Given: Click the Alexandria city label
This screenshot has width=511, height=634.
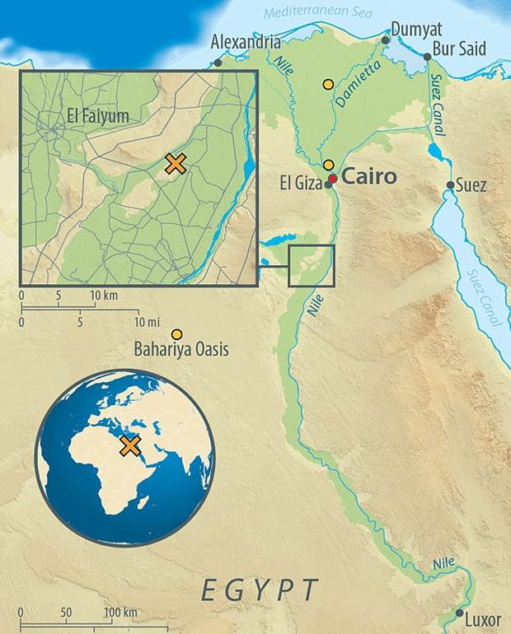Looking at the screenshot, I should [245, 42].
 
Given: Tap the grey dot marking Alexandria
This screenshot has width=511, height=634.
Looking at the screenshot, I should [218, 62].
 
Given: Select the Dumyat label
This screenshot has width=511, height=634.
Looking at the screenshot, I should [418, 30].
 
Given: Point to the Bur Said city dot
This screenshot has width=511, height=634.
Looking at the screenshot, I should [427, 57].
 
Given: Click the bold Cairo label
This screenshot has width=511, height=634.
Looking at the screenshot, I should [368, 176].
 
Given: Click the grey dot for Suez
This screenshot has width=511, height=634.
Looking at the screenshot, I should [449, 185].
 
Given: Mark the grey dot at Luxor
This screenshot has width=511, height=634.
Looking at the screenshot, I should [459, 613].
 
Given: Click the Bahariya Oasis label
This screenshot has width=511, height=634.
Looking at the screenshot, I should [180, 351].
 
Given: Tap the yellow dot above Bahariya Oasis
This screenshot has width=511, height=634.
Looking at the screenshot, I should [176, 333].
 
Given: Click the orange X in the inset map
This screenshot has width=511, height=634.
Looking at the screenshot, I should [175, 164].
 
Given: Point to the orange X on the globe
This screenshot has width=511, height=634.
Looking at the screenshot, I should [129, 445].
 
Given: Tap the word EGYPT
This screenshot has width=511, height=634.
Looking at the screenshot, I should [260, 590].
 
